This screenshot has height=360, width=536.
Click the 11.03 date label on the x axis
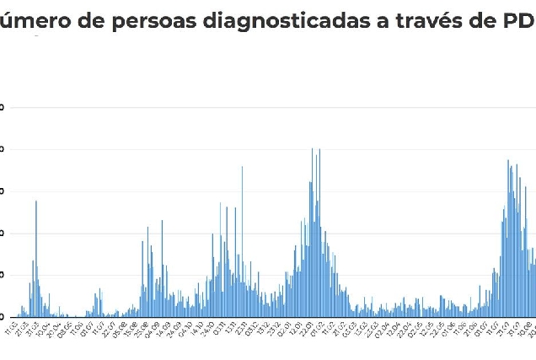[12, 325]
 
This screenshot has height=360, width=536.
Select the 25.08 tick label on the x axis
[141, 325]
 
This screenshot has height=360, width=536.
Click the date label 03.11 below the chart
[220, 325]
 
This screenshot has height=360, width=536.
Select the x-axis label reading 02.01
[286, 325]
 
